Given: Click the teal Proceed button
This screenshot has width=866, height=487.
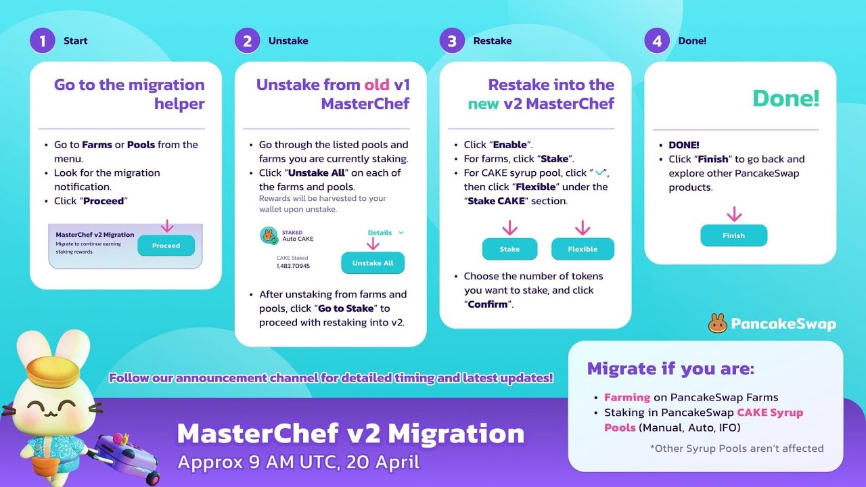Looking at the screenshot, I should point(166,246).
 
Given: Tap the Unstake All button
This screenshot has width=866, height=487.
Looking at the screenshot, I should point(372,263).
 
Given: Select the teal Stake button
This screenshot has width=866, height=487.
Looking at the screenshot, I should point(509,249).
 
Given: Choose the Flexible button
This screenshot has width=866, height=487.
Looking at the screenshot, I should point(583,249).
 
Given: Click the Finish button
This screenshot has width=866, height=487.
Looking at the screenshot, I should point(733,235).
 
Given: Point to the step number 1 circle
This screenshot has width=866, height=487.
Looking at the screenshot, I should point(42,41).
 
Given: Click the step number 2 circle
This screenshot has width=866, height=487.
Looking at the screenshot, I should point(247,41).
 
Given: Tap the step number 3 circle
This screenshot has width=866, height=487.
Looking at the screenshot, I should point(452,41).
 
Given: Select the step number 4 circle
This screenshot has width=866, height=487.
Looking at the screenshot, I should point(657,41).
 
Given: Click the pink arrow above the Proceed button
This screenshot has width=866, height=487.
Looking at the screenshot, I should point(167,225).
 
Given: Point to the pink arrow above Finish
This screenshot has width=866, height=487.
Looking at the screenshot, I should point(734,214).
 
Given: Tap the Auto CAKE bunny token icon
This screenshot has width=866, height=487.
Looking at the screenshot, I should point(269,235).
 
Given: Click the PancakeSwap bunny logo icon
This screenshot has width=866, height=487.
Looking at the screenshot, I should point(717,323).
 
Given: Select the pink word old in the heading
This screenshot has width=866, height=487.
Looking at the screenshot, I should point(377,85).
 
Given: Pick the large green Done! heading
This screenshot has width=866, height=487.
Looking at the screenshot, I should point(785,99).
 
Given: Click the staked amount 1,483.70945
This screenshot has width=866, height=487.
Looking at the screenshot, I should point(293,266).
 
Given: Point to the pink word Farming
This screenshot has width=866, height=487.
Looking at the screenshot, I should point(626,397).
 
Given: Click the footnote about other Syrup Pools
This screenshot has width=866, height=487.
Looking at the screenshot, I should point(736,448).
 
